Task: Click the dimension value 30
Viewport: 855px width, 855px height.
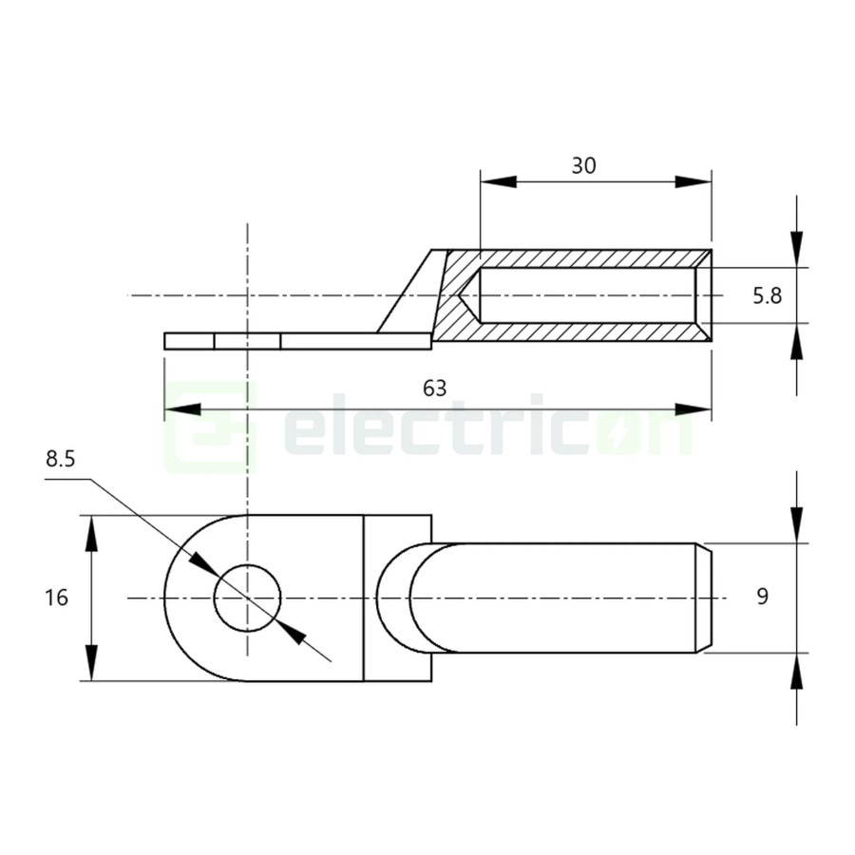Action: pyautogui.click(x=583, y=165)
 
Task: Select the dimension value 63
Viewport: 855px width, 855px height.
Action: pyautogui.click(x=434, y=388)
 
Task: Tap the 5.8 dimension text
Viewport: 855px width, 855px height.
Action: pyautogui.click(x=767, y=295)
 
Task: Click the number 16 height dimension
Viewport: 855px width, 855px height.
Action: pyautogui.click(x=56, y=598)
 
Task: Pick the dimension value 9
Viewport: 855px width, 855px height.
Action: pyautogui.click(x=762, y=597)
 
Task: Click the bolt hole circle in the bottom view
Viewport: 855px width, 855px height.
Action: pyautogui.click(x=248, y=598)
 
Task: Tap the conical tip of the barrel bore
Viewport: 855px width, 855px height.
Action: pyautogui.click(x=468, y=295)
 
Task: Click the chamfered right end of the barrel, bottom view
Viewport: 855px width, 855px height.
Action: pyautogui.click(x=706, y=598)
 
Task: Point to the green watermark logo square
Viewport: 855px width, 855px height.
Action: pyautogui.click(x=211, y=427)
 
